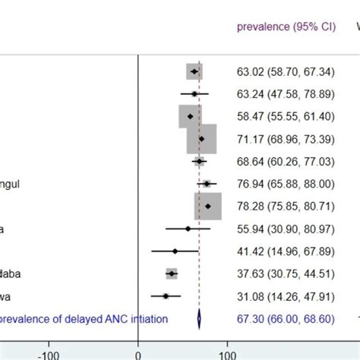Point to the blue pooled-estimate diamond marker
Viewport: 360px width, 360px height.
(x=199, y=319)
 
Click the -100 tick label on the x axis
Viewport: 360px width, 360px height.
(x=49, y=353)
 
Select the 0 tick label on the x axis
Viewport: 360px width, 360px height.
(x=137, y=353)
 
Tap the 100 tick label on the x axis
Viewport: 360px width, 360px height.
(x=226, y=353)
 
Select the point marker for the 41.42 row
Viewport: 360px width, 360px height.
(x=175, y=251)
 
